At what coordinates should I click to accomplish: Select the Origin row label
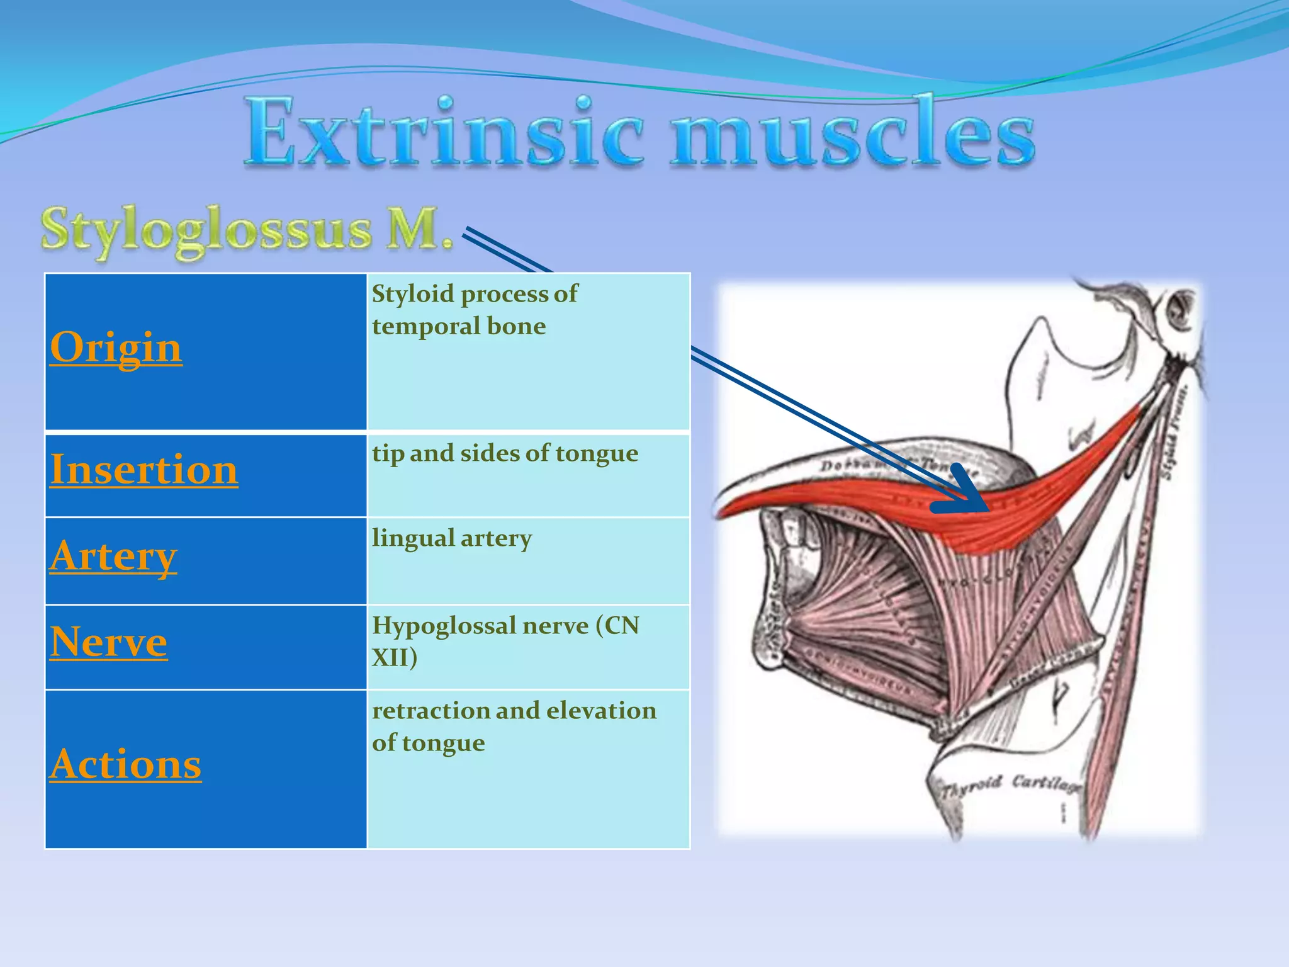[116, 347]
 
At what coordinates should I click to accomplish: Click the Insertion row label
[144, 470]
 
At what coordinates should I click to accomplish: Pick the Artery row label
[113, 557]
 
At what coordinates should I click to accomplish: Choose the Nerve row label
[108, 642]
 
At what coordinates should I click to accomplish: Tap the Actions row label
[125, 764]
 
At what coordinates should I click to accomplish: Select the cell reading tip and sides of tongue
[505, 453]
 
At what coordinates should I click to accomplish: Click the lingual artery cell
[452, 538]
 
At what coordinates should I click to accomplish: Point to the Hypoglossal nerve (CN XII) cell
[505, 641]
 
